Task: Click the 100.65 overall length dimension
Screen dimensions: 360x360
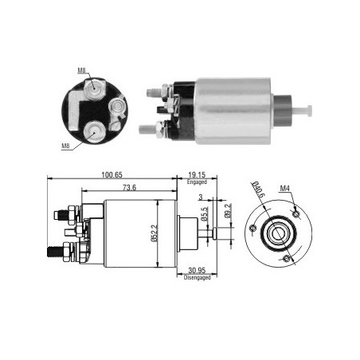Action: click(x=112, y=175)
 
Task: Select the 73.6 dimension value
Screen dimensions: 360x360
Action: click(x=129, y=187)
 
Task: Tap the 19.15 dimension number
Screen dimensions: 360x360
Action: click(x=197, y=175)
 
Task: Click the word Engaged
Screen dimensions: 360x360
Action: click(x=197, y=182)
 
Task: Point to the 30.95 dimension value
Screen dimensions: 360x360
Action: click(x=197, y=271)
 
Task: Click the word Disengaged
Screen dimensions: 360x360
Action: click(x=197, y=277)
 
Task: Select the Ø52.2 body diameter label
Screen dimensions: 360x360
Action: click(x=155, y=233)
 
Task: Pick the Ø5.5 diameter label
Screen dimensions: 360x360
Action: click(x=205, y=214)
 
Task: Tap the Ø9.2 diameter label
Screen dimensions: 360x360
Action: click(x=227, y=211)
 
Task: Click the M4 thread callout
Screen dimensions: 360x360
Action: click(x=284, y=189)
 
